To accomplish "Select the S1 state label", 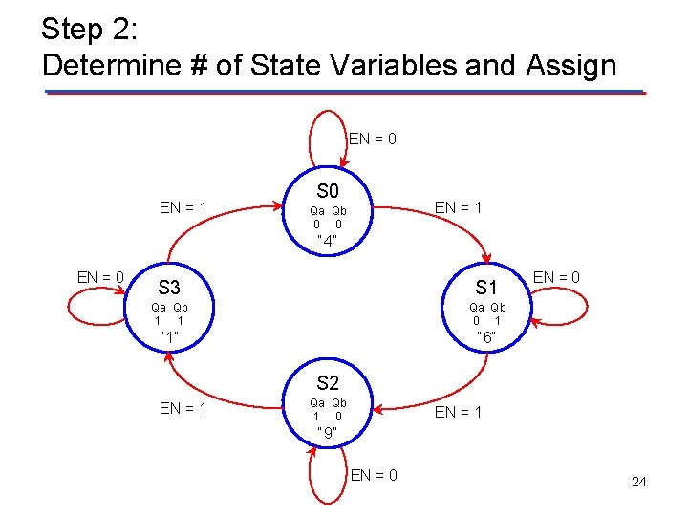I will tap(486, 287).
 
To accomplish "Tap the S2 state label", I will tap(328, 383).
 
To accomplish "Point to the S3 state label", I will tap(169, 287).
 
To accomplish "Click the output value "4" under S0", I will tap(328, 241).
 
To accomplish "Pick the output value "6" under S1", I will tap(486, 338).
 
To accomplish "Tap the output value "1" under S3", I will tap(169, 337).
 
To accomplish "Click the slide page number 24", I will tap(638, 482).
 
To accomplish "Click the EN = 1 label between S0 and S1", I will tap(459, 206).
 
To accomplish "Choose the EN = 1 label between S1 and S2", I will tap(459, 412).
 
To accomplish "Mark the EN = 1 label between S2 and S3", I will tap(183, 408).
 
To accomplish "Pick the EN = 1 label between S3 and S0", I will tap(183, 206).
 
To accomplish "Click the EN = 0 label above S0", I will tap(373, 139).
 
